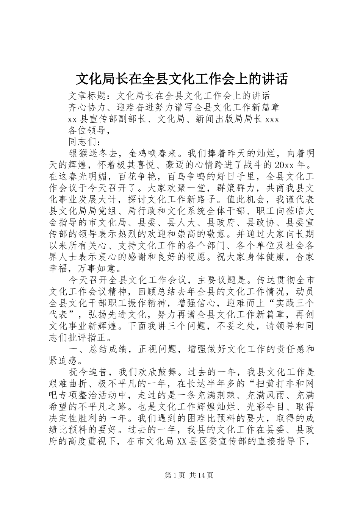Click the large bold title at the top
182,79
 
